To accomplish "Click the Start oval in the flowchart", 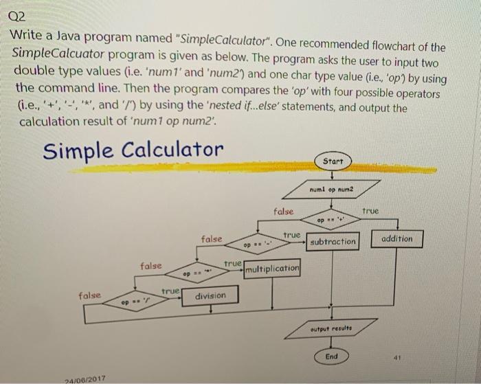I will [331, 161].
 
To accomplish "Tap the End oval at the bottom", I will [331, 357].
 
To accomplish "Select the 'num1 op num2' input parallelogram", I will [333, 187].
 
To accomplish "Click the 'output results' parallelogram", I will [331, 329].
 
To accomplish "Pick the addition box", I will [396, 238].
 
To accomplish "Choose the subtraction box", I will [333, 241].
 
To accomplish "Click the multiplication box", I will [271, 269].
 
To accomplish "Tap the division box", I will [210, 296].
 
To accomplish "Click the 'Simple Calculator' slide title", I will [133, 150].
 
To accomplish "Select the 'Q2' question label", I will [21, 16].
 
